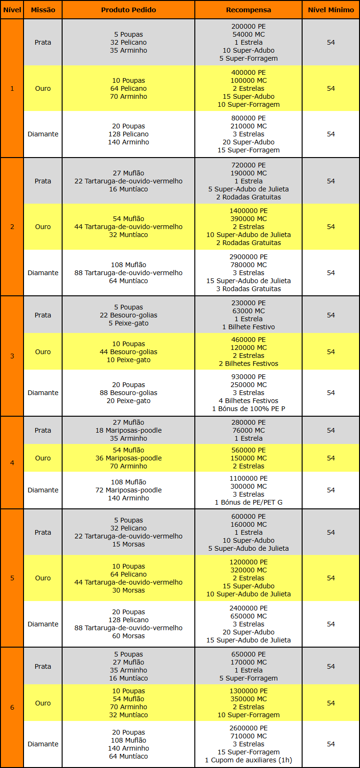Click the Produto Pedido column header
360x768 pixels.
[128, 10]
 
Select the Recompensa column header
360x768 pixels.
[248, 10]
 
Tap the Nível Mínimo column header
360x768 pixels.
[331, 10]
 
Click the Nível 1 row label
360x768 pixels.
[12, 88]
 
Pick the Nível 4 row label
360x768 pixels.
[12, 463]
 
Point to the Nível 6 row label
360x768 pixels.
[12, 707]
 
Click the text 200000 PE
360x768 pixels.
[248, 26]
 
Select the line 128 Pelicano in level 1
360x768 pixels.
[128, 134]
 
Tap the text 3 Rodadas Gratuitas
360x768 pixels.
[248, 289]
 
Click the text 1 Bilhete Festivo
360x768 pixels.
[248, 327]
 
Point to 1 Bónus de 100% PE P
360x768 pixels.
[248, 409]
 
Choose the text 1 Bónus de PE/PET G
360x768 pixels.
[248, 502]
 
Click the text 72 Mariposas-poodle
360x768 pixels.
[128, 490]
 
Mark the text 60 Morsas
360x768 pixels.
[128, 636]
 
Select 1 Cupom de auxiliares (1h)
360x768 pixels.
[248, 760]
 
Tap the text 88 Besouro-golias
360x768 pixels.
[128, 393]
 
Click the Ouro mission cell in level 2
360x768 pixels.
[43, 227]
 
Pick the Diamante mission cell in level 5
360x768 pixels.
[43, 624]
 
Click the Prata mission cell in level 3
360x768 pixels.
[43, 315]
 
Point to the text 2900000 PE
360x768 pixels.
[248, 257]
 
